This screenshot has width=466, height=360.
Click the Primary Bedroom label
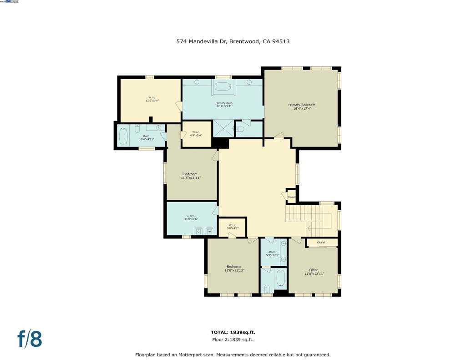pyautogui.click(x=301, y=106)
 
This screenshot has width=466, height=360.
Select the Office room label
pyautogui.click(x=314, y=272)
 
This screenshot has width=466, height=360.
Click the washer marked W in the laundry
pyautogui.click(x=210, y=231)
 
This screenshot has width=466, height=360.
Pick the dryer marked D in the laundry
pyautogui.click(x=198, y=231)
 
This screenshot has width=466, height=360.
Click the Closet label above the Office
pyautogui.click(x=321, y=243)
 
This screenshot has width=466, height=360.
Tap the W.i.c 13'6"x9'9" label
pyautogui.click(x=152, y=99)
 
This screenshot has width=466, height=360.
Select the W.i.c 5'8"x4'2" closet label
pyautogui.click(x=232, y=227)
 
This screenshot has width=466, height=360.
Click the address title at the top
pyautogui.click(x=233, y=41)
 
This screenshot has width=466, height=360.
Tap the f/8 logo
pyautogui.click(x=30, y=340)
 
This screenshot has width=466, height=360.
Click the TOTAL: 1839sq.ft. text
pyautogui.click(x=233, y=332)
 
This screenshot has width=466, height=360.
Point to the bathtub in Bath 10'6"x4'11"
pyautogui.click(x=123, y=136)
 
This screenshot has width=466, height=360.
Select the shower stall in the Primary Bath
pyautogui.click(x=223, y=128)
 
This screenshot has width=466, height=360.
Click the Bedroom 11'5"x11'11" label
pyautogui.click(x=191, y=176)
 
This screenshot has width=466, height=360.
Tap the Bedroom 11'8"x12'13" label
pyautogui.click(x=234, y=269)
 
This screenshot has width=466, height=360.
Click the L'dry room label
pyautogui.click(x=191, y=217)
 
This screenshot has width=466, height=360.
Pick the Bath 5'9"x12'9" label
pyautogui.click(x=272, y=254)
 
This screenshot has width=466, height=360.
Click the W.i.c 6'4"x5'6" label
pyautogui.click(x=195, y=134)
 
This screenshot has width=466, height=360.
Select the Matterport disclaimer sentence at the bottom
pyautogui.click(x=233, y=355)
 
